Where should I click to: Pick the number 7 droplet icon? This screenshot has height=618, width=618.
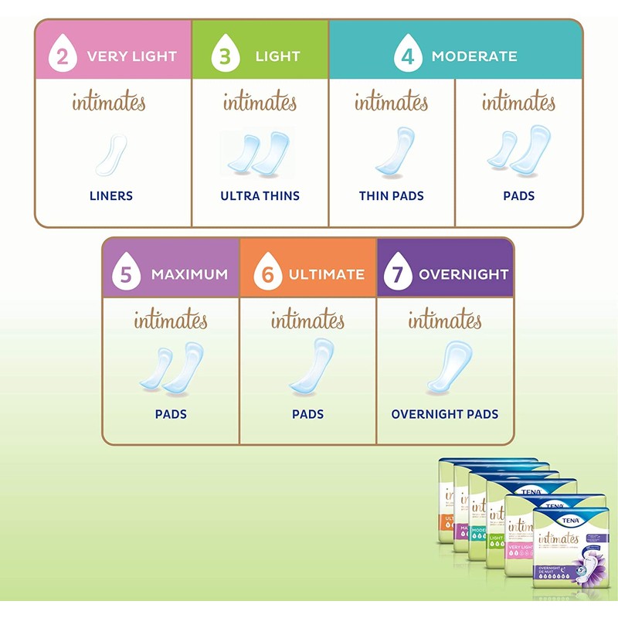coord(396,273)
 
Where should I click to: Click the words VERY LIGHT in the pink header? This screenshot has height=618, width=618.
coord(132,56)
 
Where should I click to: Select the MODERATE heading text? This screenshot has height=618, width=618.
coord(474,56)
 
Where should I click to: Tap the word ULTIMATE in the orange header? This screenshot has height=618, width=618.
coord(326,274)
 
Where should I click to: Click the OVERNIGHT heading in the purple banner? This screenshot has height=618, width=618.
coord(463,274)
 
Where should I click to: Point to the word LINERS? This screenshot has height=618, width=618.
coord(111,196)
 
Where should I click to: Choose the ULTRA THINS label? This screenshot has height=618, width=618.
coord(260,196)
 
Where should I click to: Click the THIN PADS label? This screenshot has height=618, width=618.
coord(391,196)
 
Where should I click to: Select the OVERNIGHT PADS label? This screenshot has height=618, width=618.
coord(444,414)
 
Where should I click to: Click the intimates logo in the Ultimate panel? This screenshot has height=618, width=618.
coord(307,319)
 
